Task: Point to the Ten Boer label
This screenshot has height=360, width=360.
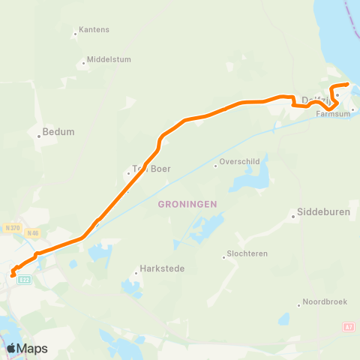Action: (151, 169)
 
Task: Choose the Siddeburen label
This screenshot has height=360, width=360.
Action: (324, 212)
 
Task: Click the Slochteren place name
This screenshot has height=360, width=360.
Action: (250, 255)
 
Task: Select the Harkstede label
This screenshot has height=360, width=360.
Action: (162, 268)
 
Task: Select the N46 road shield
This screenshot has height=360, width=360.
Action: (32, 233)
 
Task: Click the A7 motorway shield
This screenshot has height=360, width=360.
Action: (347, 327)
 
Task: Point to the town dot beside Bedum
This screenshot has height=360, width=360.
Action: (38, 136)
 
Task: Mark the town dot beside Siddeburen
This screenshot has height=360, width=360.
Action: (293, 217)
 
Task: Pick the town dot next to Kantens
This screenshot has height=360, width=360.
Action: (76, 34)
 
